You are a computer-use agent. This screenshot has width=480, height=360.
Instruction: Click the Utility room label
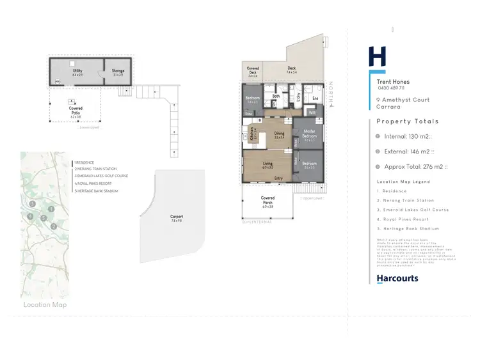pos(77,71)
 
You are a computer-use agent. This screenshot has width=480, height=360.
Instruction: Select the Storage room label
pos(118,71)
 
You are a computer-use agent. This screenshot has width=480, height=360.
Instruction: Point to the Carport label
pos(177,217)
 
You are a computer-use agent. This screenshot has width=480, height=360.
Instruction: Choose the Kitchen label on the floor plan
pos(253,134)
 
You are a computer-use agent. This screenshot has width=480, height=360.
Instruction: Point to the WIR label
pos(312,113)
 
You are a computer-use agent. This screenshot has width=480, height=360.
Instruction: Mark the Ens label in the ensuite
pos(315,98)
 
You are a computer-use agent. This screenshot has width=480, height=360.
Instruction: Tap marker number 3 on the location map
pos(32,204)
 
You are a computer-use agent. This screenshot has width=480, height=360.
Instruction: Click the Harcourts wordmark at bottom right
pos(397,278)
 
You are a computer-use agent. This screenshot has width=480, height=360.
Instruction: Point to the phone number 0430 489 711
pos(391,88)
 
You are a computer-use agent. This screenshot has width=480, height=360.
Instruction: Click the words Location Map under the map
pos(45,304)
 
